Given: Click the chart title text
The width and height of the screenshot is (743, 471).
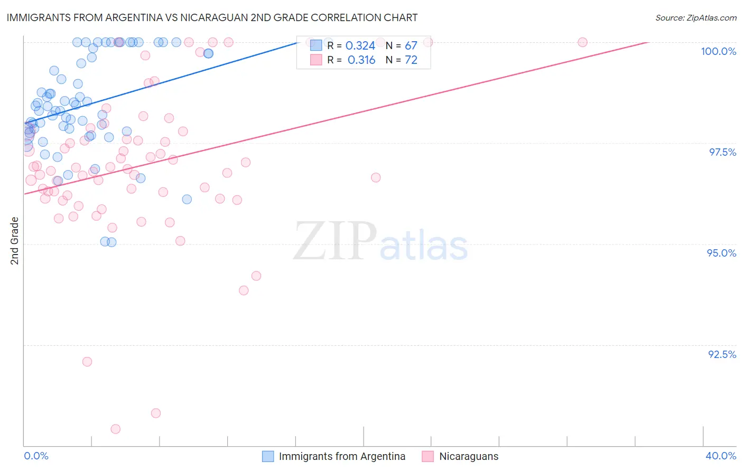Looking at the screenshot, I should point(212,17).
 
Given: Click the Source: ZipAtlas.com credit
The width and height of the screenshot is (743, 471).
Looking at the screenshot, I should point(695,17).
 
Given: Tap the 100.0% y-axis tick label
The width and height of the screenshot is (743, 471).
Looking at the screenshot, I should point(718,51).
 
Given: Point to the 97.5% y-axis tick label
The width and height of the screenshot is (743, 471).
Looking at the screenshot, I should point(722,152).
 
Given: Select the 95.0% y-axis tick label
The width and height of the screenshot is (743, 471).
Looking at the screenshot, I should point(721,253).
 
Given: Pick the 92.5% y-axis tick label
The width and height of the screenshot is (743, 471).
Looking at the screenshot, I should point(722,354).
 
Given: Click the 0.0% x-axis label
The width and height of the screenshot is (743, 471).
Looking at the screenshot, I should point(36,456).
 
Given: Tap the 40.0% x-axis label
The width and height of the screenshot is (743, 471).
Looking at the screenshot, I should point(720,456).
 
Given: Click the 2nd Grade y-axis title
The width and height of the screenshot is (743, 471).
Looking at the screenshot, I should point(15,241).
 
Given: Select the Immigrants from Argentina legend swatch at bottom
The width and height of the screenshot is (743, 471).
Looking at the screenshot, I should point(268,456).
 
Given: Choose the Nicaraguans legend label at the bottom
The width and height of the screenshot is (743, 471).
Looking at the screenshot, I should point(468,456).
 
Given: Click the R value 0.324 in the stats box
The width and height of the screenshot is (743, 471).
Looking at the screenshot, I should point(360,46).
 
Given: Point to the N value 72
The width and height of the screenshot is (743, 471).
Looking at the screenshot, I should point(411,60).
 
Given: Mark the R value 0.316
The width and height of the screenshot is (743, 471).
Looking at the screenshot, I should point(361,60).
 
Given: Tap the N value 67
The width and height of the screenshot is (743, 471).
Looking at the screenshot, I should point(411,46).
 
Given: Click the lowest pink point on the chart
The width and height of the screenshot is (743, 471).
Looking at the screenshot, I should point(116,429).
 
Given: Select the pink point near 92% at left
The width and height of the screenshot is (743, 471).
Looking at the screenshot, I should point(87,362).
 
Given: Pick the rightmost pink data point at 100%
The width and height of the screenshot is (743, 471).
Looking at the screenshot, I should point(582,42).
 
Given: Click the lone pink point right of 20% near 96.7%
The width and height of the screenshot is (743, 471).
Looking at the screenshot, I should point(376,177).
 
